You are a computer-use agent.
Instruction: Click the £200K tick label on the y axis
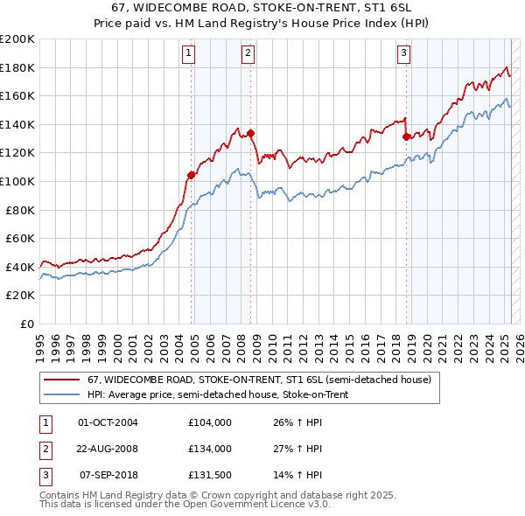[17, 39]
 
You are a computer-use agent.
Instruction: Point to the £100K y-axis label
[17, 181]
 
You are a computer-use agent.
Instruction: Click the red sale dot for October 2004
[191, 175]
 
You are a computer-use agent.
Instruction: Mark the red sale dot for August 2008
[251, 133]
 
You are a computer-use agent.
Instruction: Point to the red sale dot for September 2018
[406, 136]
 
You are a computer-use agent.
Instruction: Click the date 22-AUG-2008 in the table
[108, 449]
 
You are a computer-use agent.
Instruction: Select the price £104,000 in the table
[210, 422]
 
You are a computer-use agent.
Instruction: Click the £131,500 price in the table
[210, 476]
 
